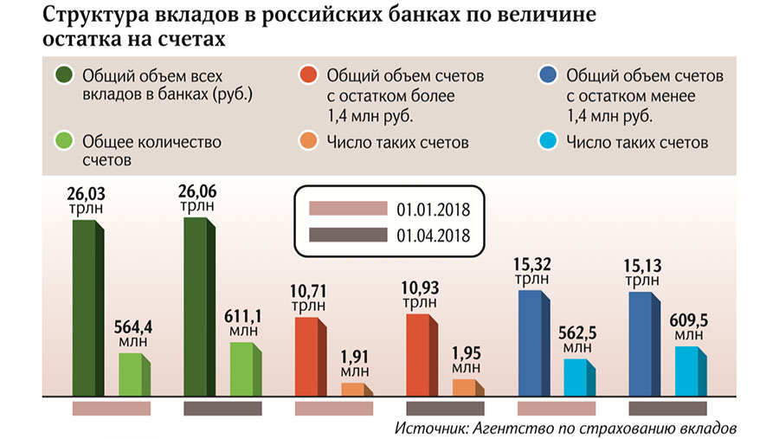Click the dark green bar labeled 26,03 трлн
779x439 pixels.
[88, 308]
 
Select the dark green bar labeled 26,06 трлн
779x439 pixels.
[199, 307]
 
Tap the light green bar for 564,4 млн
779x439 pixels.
[134, 375]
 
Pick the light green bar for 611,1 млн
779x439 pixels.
[246, 370]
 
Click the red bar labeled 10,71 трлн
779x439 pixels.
[311, 357]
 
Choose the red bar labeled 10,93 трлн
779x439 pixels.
[422, 355]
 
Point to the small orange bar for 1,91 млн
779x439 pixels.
[357, 390]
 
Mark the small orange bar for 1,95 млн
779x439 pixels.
[468, 388]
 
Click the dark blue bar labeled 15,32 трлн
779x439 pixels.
[533, 344]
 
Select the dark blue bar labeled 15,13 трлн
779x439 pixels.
[644, 345]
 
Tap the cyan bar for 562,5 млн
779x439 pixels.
[579, 378]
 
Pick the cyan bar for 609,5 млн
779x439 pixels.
[691, 371]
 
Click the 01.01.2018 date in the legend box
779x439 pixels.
[434, 210]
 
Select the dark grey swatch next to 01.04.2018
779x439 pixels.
[348, 235]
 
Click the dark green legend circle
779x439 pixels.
[64, 75]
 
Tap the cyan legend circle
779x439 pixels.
[548, 141]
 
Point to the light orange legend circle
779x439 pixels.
[308, 141]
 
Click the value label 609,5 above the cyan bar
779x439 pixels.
[689, 320]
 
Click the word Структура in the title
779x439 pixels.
[95, 16]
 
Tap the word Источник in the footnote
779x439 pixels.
[431, 428]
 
